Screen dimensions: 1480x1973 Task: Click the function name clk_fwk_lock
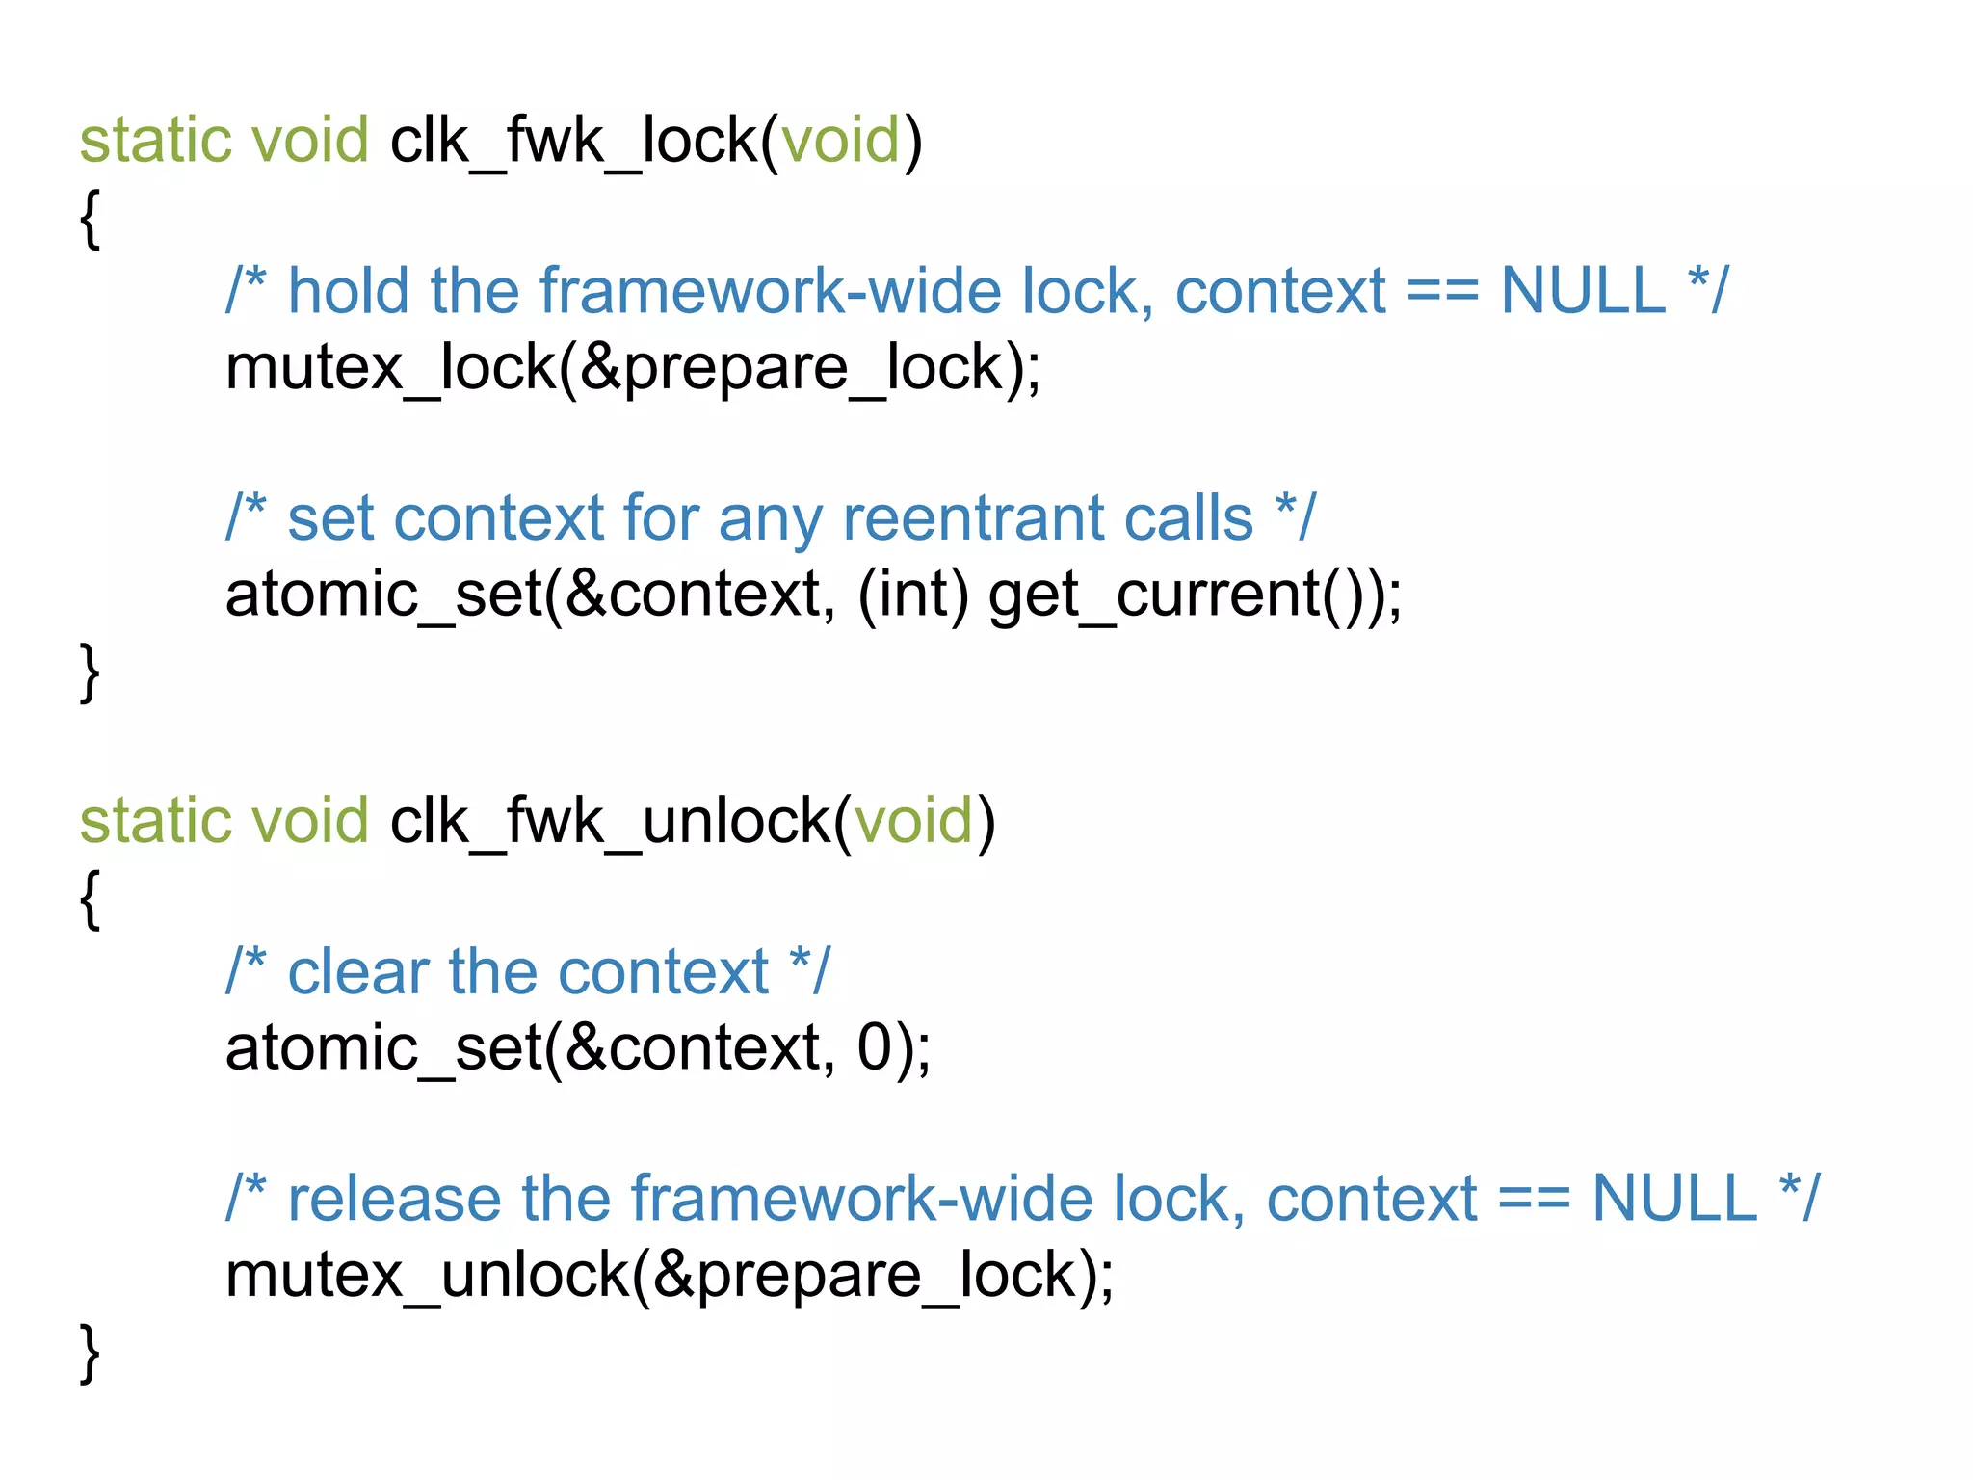coord(574,142)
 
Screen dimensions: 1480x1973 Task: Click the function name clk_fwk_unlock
coord(610,822)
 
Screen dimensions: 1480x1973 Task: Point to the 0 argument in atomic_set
coord(875,1048)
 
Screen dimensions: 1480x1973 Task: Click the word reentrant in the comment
coord(972,519)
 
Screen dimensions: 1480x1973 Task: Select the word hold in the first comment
coord(348,292)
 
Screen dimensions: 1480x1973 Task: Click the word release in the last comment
coord(394,1200)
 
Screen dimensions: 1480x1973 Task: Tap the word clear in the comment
coord(357,972)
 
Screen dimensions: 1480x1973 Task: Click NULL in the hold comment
coord(1583,292)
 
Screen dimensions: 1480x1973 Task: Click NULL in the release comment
coord(1674,1200)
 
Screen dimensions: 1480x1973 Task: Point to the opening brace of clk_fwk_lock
coord(90,219)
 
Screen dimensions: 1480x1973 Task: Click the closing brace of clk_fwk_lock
coord(90,673)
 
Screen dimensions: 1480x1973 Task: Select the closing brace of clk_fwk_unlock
coord(90,1353)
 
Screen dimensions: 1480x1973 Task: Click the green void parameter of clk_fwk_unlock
coord(913,822)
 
